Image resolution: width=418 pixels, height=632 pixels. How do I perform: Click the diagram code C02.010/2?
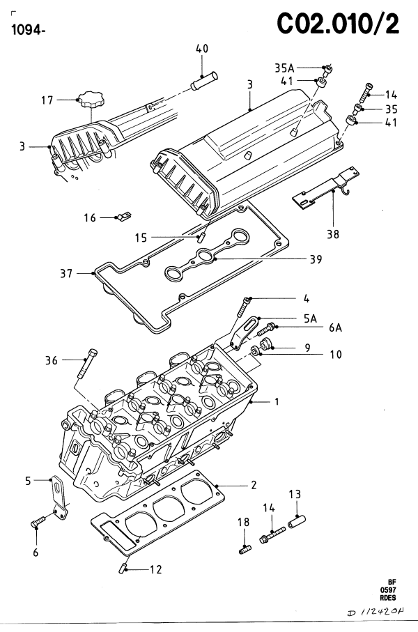(x=338, y=24)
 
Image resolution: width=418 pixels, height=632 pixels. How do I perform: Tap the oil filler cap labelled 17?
(x=92, y=99)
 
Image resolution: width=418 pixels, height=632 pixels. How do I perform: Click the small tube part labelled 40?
(x=204, y=81)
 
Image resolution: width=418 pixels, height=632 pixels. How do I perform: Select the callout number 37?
(x=66, y=274)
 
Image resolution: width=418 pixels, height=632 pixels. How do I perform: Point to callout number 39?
(x=316, y=259)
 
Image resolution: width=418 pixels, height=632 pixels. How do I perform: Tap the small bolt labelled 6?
(x=38, y=522)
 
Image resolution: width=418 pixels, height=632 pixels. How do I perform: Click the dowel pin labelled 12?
(x=123, y=569)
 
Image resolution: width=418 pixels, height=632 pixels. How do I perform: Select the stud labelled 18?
(x=245, y=549)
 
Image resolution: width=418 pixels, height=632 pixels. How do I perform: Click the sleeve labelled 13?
(x=297, y=522)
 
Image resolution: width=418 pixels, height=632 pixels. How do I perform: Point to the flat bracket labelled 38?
(x=326, y=188)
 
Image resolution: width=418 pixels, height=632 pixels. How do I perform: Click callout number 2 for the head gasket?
(x=254, y=485)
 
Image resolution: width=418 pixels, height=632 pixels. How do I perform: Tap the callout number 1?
(x=277, y=402)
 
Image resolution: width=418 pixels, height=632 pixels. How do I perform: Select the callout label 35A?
(x=284, y=68)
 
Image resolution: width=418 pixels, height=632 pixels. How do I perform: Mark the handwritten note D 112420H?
(x=376, y=612)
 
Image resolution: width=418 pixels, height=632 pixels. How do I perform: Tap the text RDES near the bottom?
(x=388, y=598)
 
